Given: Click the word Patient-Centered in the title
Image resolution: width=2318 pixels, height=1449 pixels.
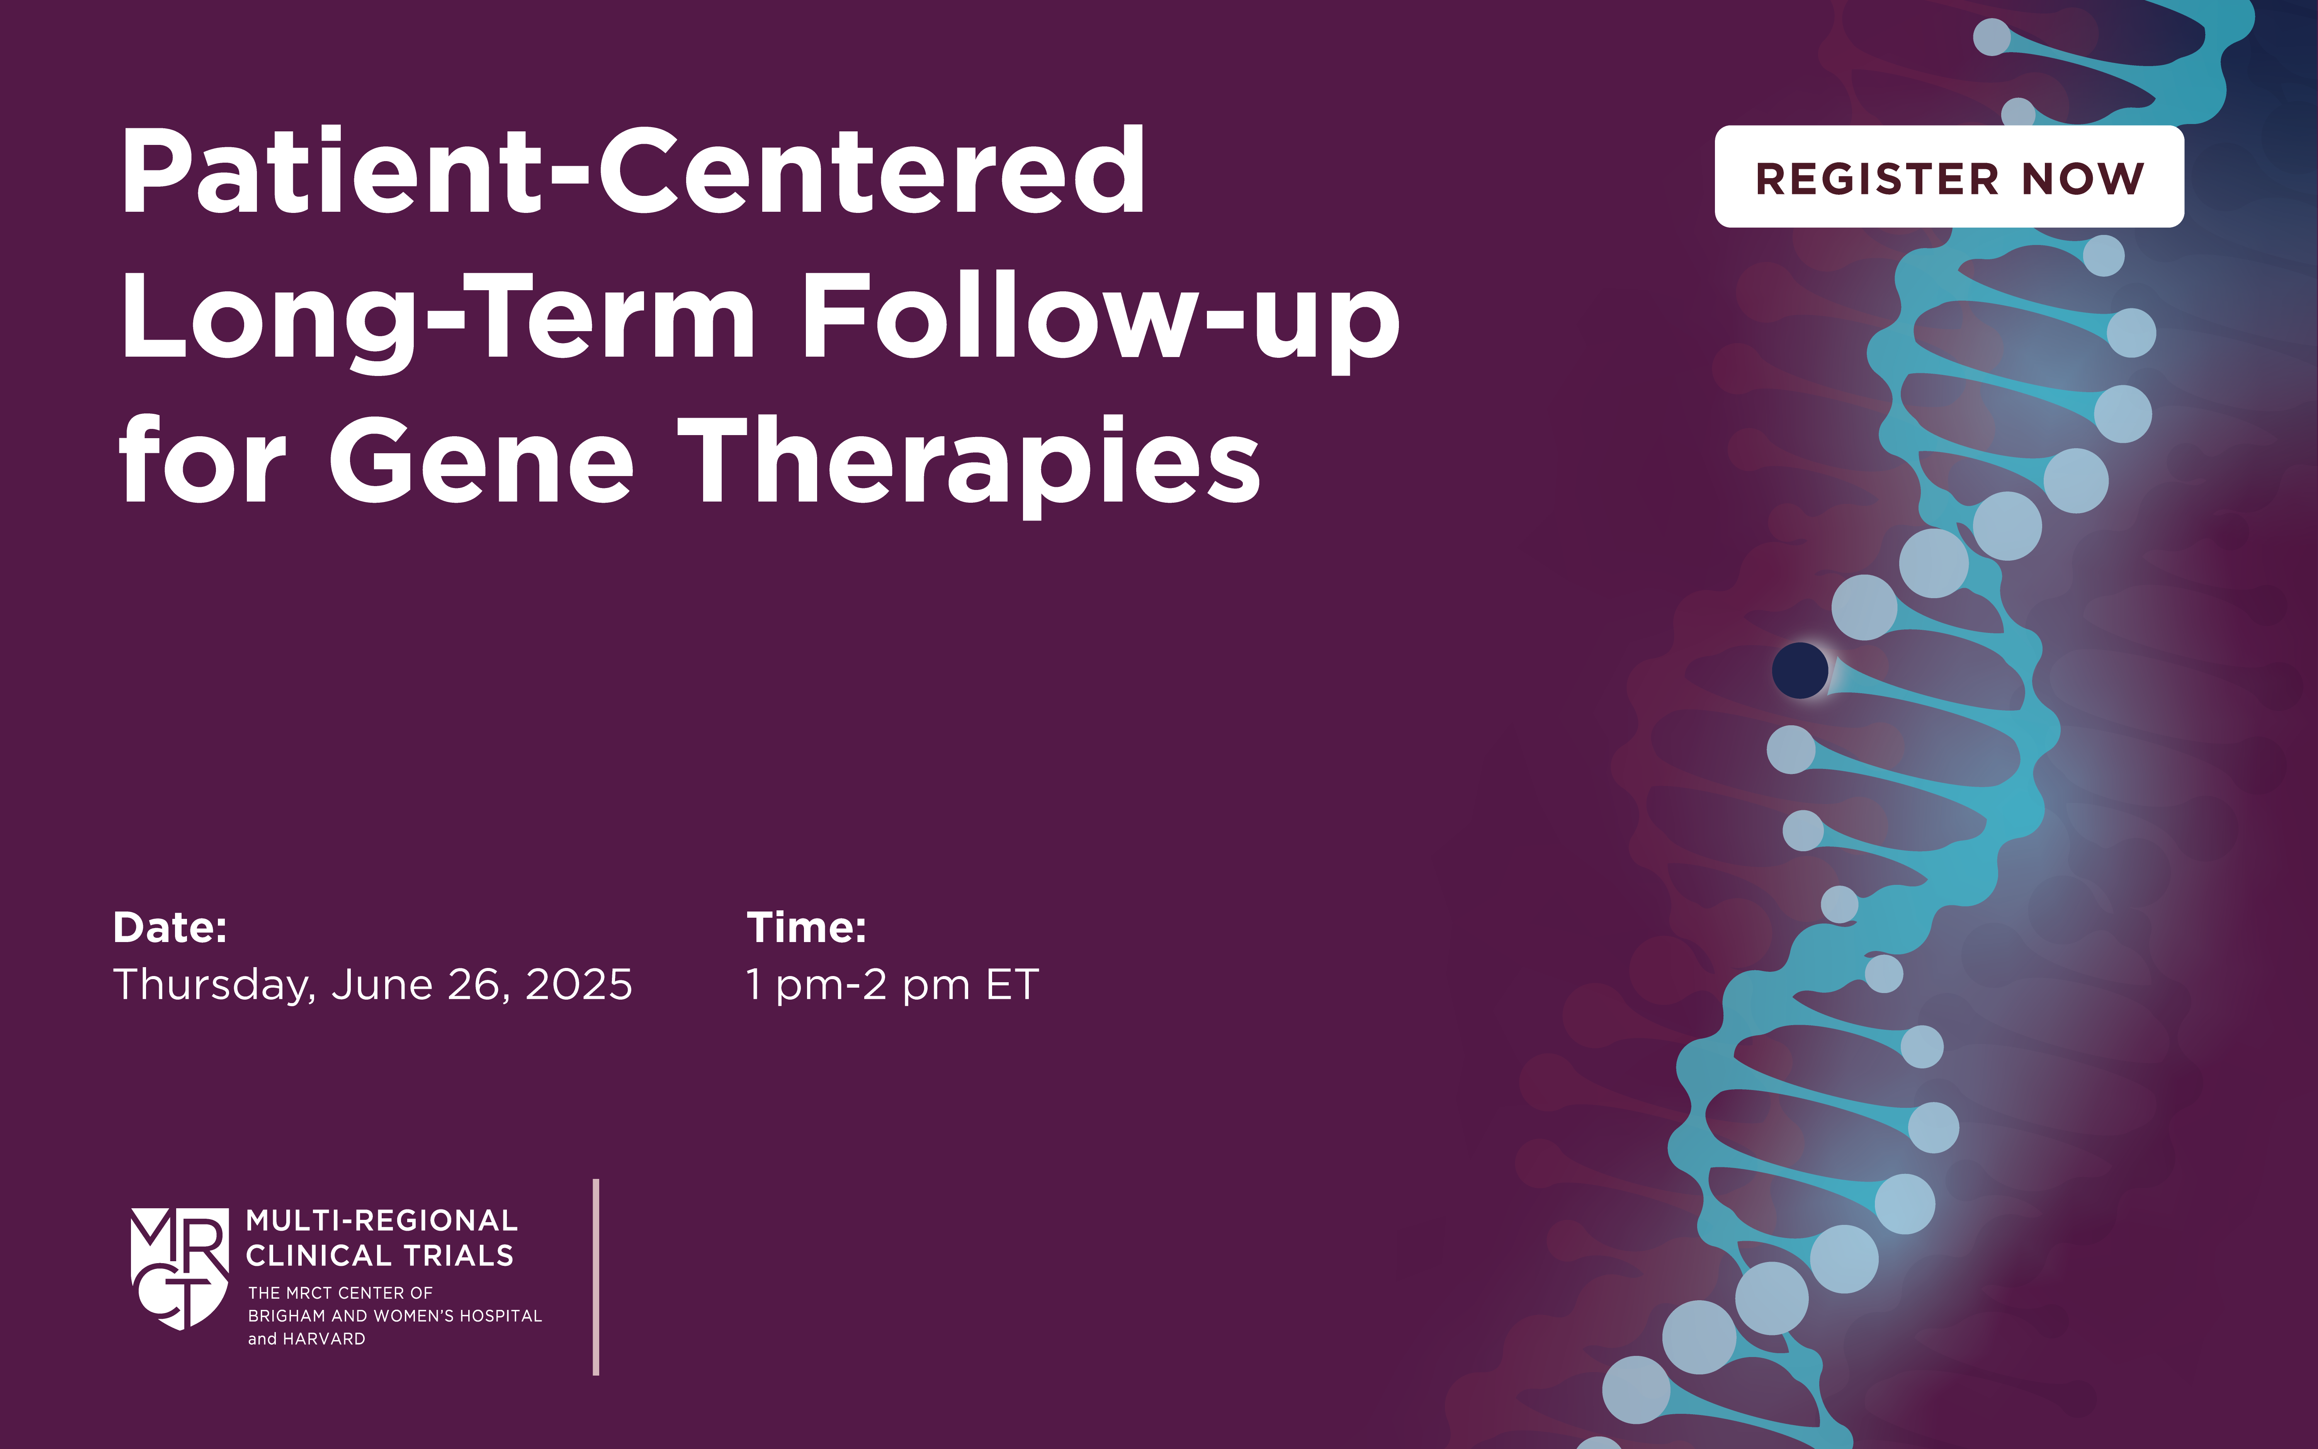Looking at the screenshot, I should [x=632, y=172].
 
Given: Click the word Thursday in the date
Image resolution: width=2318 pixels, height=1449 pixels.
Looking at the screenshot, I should [x=212, y=984].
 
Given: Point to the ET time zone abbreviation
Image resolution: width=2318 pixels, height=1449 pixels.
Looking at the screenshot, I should [x=1013, y=984].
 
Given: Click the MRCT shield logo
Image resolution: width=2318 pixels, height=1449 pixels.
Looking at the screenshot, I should [x=179, y=1267].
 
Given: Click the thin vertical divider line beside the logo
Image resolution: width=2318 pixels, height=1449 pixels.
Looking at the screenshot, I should [x=596, y=1277].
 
